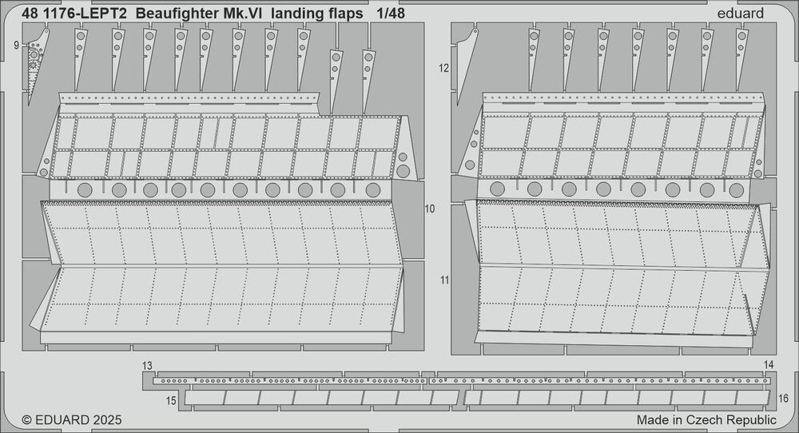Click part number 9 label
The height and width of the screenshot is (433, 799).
tap(16, 46)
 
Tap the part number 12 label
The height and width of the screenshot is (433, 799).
tap(443, 68)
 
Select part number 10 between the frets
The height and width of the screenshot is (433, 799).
tap(430, 209)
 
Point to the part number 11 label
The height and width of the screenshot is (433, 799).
tap(445, 280)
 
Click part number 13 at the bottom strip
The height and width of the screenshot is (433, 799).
tap(147, 366)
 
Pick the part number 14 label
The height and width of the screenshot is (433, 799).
tap(769, 365)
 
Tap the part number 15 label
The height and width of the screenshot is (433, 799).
tap(171, 401)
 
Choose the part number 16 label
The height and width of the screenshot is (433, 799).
tap(784, 399)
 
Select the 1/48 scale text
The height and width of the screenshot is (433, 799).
tap(391, 14)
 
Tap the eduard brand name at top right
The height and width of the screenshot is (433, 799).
tap(740, 14)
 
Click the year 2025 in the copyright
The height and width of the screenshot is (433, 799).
tap(106, 419)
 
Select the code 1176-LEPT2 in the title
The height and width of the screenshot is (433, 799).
tap(84, 14)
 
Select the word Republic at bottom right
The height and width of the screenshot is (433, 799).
tap(750, 420)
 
